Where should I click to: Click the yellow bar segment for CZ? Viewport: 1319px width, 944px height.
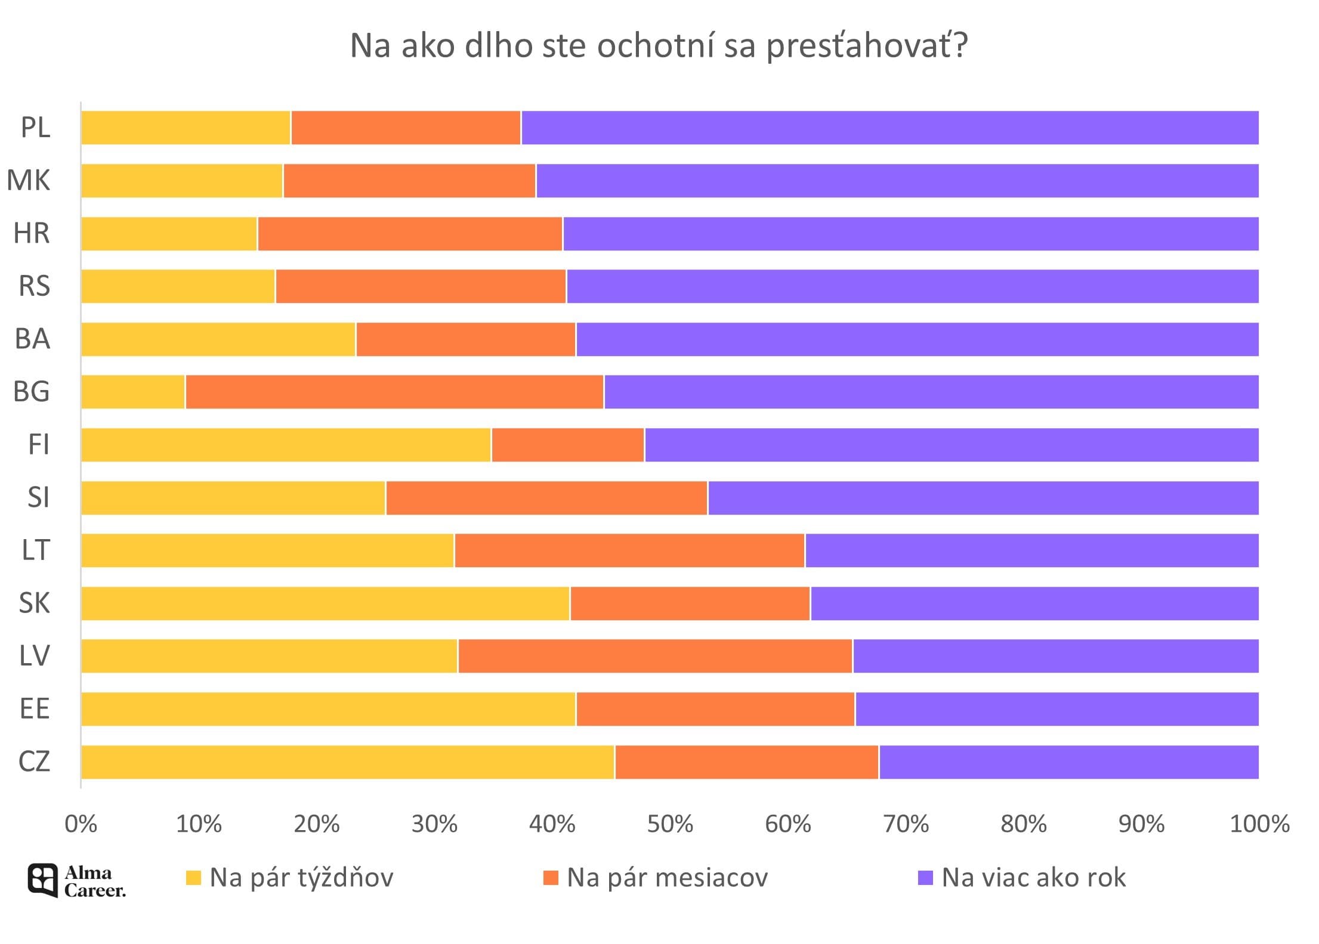coord(347,762)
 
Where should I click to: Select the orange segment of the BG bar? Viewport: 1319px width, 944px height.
coord(394,392)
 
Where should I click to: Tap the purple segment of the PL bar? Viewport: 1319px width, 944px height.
coord(889,128)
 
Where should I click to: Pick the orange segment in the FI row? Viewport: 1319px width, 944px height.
coord(568,445)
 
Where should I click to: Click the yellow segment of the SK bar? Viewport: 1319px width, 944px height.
coord(325,603)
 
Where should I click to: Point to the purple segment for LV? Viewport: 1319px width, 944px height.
coord(1055,656)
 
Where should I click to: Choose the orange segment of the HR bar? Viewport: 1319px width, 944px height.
coord(410,234)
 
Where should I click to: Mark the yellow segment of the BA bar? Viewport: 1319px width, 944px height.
coord(218,339)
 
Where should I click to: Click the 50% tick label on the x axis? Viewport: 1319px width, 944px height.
coord(670,824)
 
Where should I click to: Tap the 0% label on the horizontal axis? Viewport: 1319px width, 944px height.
coord(81,824)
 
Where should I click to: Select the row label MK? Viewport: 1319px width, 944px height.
coord(29,180)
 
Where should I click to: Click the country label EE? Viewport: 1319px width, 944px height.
coord(35,709)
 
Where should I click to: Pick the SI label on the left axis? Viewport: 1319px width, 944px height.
coord(38,497)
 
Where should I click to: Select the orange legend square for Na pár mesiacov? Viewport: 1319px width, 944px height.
coord(551,878)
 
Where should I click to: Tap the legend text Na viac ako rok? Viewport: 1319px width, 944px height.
coord(1033,878)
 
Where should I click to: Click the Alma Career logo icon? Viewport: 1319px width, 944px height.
coord(43,880)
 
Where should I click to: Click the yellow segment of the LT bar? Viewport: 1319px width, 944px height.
coord(267,550)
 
